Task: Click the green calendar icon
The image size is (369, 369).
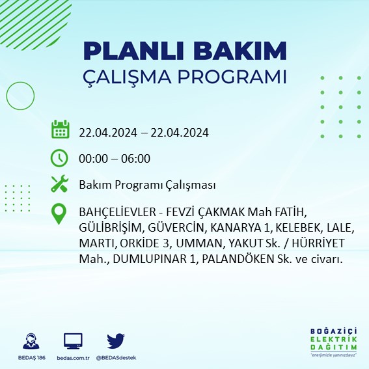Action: tap(60, 130)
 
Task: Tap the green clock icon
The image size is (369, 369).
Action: tap(60, 157)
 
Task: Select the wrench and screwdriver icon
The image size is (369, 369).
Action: tap(60, 185)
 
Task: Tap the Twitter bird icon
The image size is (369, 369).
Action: tap(116, 340)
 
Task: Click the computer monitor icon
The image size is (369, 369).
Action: tap(73, 340)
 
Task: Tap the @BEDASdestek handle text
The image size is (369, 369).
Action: tap(116, 358)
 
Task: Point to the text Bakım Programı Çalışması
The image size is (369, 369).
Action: tap(147, 185)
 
